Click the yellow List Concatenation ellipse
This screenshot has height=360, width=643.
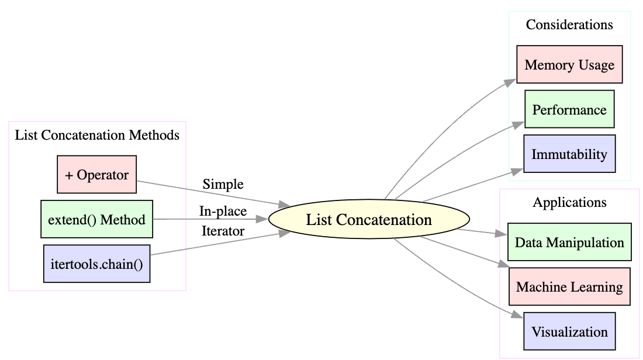point(369,220)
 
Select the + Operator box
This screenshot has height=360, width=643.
point(96,174)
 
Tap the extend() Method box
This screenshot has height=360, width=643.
point(96,219)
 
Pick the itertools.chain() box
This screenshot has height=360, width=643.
point(96,264)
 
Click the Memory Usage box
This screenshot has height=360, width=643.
point(569,64)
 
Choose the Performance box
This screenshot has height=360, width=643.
point(569,109)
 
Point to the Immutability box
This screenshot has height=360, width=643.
point(569,154)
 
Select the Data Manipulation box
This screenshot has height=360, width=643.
point(569,242)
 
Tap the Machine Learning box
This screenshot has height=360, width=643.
point(569,287)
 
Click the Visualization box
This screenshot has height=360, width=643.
point(569,332)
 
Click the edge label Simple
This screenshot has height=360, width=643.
point(223,184)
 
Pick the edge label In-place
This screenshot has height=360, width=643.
point(223,211)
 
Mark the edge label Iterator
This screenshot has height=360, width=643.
point(223,231)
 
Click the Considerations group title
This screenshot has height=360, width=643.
point(569,25)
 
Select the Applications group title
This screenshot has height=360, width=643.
point(569,202)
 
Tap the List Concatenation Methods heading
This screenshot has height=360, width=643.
point(97,135)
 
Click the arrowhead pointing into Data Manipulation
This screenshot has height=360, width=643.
point(502,234)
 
